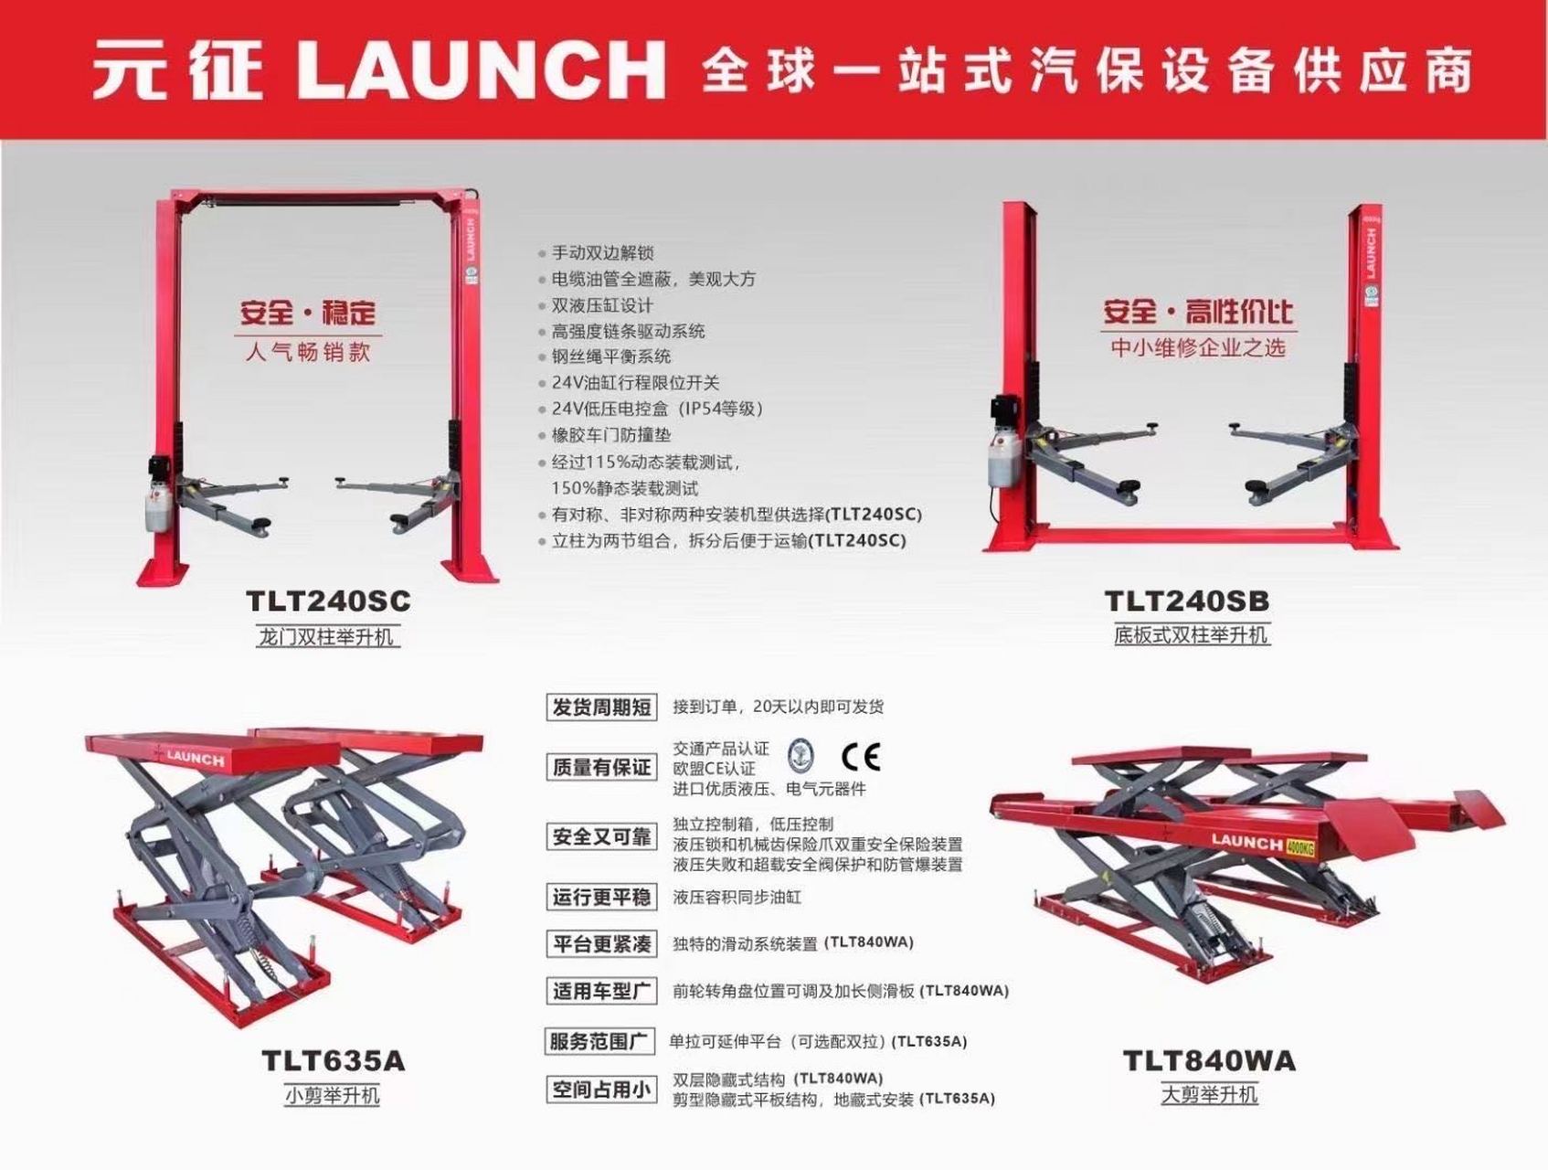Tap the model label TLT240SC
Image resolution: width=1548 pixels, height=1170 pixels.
328,601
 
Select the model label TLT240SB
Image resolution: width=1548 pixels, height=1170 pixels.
1186,601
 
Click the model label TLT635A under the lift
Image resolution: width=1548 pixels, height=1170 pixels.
333,1060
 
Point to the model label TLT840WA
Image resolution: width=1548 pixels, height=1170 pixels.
1208,1060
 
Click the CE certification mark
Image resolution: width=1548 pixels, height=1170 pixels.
860,756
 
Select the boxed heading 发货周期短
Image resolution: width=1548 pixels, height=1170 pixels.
601,707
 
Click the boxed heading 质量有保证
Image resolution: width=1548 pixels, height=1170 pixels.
601,767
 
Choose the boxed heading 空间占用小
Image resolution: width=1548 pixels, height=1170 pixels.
601,1090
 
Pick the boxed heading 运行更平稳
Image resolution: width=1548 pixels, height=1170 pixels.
601,898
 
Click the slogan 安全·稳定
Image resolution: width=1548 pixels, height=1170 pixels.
307,313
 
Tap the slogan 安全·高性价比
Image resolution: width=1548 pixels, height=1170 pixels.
1196,313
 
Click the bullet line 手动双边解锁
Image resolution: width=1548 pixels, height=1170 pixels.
602,253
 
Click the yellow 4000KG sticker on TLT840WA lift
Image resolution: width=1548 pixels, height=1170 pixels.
1299,847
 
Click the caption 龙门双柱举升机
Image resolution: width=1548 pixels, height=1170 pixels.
326,636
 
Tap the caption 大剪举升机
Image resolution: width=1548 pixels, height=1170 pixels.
1209,1094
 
